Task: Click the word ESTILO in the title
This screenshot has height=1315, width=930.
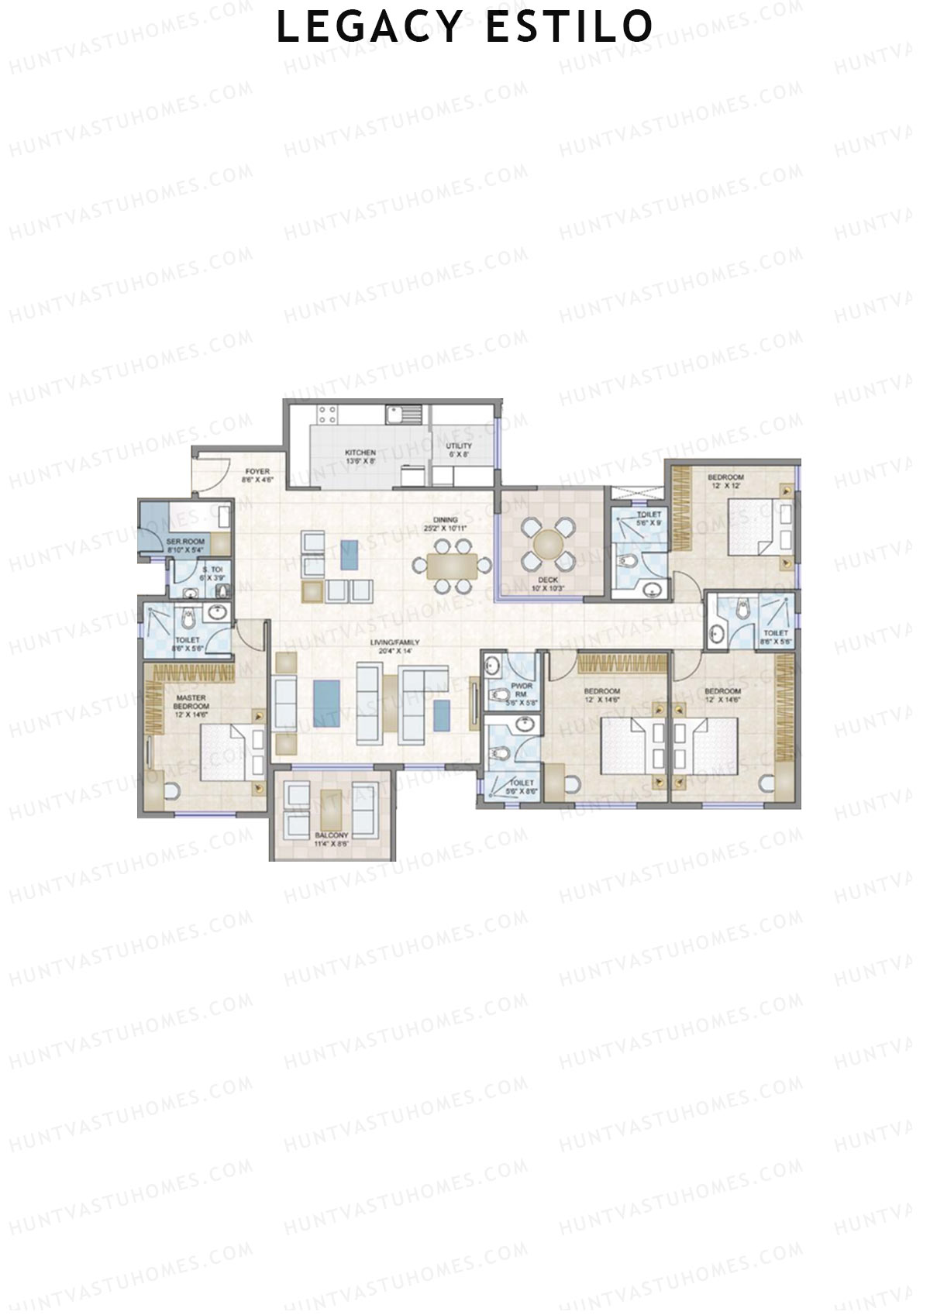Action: pyautogui.click(x=570, y=27)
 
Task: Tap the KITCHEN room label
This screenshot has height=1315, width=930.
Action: pyautogui.click(x=360, y=453)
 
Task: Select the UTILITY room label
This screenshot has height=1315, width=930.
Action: pyautogui.click(x=459, y=446)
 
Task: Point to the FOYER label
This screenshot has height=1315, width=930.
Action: pyautogui.click(x=257, y=471)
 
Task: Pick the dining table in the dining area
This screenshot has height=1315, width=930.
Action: pyautogui.click(x=453, y=566)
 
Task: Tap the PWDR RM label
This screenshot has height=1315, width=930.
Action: pyautogui.click(x=522, y=690)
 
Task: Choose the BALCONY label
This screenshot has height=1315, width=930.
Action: pyautogui.click(x=332, y=835)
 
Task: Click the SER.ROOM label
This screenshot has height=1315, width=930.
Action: pyautogui.click(x=185, y=542)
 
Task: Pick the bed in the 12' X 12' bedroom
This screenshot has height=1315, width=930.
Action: pyautogui.click(x=759, y=527)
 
